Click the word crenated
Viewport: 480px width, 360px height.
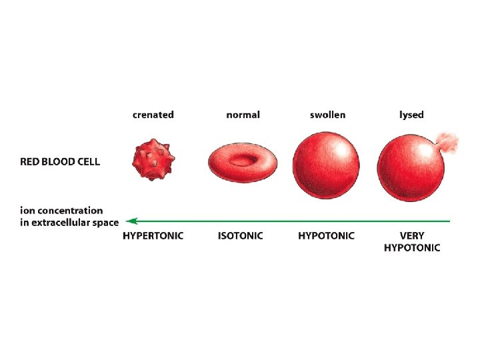[153, 115]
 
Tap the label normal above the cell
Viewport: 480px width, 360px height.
[243, 115]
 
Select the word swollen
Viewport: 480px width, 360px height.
[327, 115]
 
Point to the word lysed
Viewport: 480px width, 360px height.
[411, 115]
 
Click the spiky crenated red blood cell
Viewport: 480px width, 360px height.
[153, 159]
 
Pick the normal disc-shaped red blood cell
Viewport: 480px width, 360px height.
[242, 163]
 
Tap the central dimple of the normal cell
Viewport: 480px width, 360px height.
[242, 159]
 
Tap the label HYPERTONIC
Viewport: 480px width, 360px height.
[153, 236]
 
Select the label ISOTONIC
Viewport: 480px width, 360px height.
[240, 236]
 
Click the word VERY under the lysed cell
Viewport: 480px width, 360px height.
[412, 236]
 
